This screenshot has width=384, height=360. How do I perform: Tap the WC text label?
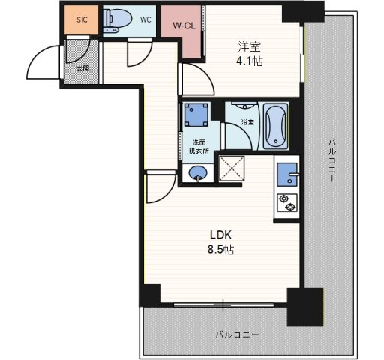(x=145, y=20)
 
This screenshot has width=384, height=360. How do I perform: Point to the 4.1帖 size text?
(x=250, y=61)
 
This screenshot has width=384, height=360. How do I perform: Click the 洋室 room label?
(x=250, y=45)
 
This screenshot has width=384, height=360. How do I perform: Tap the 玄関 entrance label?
(x=82, y=68)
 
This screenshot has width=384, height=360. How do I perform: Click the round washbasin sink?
(x=197, y=175)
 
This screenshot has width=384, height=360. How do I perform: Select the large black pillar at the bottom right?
(x=305, y=305)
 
